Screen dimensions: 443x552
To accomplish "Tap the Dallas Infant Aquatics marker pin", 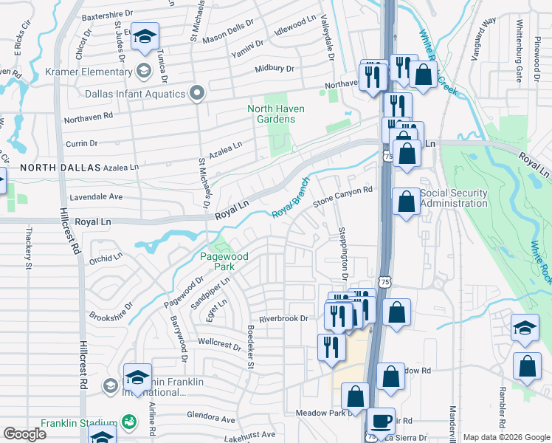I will [x=196, y=94].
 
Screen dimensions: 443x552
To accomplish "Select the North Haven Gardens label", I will [x=275, y=114].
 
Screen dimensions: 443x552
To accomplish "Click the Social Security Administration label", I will [x=453, y=198].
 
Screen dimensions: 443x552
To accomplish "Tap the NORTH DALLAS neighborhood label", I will [x=60, y=168].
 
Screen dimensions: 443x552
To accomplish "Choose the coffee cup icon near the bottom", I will [x=381, y=421].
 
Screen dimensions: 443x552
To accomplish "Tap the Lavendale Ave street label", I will [x=96, y=197].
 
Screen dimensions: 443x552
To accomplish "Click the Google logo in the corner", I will [x=24, y=434].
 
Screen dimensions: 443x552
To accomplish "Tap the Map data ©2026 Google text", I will [x=506, y=437].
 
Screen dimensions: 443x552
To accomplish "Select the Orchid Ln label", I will [x=106, y=258].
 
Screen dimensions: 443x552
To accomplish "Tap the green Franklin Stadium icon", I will [x=129, y=421].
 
